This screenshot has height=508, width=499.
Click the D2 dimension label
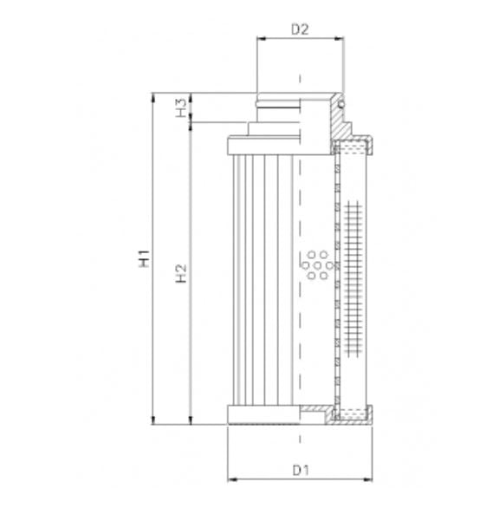[301, 29]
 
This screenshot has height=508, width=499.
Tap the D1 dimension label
[301, 471]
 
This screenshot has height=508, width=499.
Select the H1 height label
[146, 258]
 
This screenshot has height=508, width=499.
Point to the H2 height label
[181, 274]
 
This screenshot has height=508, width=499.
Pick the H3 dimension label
[181, 109]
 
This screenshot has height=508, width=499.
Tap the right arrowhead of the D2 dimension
[339, 40]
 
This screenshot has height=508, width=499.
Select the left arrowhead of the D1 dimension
[230, 480]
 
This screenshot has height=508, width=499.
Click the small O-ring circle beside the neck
[342, 104]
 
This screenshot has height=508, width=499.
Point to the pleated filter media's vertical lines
[260, 277]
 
